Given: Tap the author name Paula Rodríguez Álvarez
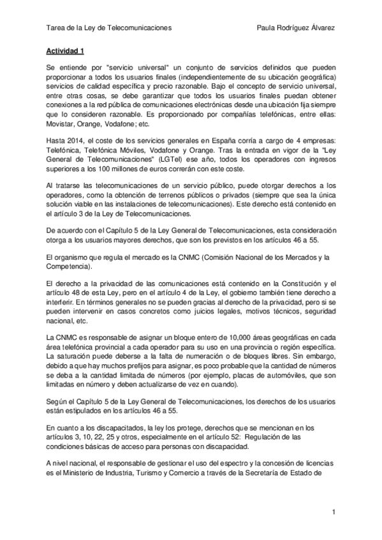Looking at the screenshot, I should coord(295,27).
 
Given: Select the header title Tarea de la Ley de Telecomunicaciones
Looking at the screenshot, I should coord(110,27).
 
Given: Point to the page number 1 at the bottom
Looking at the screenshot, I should coord(333,511).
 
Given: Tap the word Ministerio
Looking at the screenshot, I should coord(84,474).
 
